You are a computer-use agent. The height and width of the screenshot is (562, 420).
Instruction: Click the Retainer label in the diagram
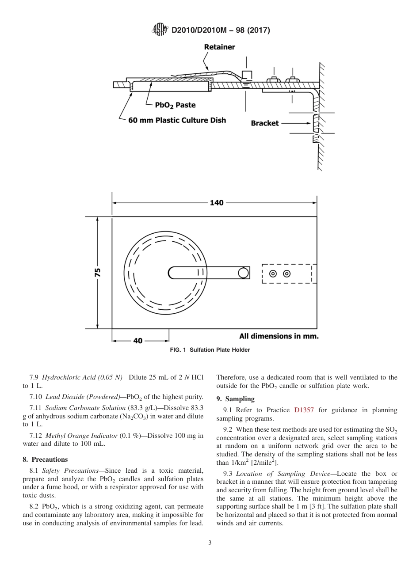click(219, 47)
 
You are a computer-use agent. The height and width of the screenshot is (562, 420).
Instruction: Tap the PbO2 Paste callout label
click(175, 105)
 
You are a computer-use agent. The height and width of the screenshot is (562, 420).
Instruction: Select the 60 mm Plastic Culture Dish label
click(177, 120)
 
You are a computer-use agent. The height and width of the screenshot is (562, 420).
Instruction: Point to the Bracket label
click(265, 123)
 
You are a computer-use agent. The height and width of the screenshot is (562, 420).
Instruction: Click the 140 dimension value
click(216, 203)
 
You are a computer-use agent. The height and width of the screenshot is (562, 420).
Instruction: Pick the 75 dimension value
click(98, 272)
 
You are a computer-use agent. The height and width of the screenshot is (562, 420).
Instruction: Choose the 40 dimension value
click(138, 341)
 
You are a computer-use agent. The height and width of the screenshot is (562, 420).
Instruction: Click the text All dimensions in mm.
click(279, 336)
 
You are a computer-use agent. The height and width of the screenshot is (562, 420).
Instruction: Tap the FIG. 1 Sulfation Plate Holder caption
click(210, 350)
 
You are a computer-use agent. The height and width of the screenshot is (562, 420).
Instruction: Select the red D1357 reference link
click(304, 410)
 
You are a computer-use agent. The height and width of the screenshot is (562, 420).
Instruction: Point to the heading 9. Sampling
click(235, 399)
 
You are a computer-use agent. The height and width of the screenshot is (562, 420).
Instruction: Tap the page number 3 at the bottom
click(210, 543)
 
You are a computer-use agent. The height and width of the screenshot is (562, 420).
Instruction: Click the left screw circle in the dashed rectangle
click(273, 273)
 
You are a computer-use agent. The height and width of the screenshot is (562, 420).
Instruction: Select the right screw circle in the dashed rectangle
click(286, 273)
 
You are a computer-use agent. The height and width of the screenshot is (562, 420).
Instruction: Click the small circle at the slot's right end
click(243, 273)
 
